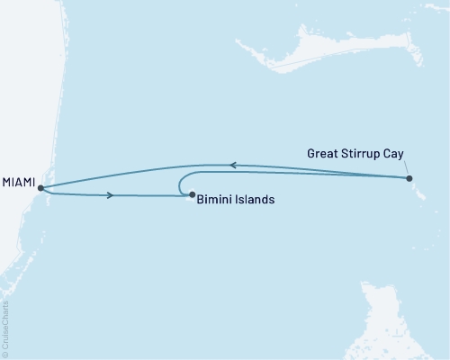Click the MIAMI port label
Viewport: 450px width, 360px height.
click(x=18, y=183)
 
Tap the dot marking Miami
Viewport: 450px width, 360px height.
click(x=40, y=188)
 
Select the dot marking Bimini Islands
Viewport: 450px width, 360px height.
click(x=192, y=194)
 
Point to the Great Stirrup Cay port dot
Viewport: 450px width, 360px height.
click(x=410, y=178)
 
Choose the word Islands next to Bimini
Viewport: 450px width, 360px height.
click(x=256, y=200)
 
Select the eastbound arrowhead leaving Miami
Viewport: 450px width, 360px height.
click(x=110, y=194)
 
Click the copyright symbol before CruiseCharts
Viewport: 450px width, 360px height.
click(x=6, y=355)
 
